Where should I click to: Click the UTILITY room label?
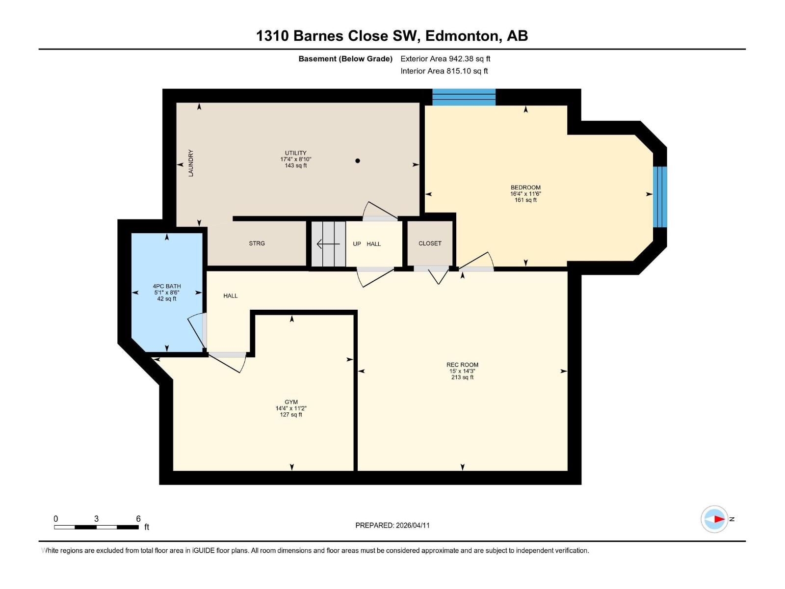tap(295, 153)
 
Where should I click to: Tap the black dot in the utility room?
tap(358, 161)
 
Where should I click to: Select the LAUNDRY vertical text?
tap(191, 163)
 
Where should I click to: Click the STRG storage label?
tap(257, 243)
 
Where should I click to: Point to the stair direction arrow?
tap(328, 243)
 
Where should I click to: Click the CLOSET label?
tap(430, 243)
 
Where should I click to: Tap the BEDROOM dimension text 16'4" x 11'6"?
tap(525, 194)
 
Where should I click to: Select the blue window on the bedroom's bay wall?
tap(660, 197)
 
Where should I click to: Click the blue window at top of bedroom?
tap(464, 97)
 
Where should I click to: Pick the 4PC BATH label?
tap(167, 286)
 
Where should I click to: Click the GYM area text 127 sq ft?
tap(291, 415)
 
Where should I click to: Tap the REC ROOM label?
tap(462, 365)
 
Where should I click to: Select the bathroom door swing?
tap(197, 330)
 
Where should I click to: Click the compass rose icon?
tap(714, 519)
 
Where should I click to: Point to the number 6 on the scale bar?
tap(138, 519)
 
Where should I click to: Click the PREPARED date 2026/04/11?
tap(412, 525)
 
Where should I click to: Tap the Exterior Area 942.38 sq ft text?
tap(445, 59)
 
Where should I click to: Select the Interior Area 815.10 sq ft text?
tap(444, 71)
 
